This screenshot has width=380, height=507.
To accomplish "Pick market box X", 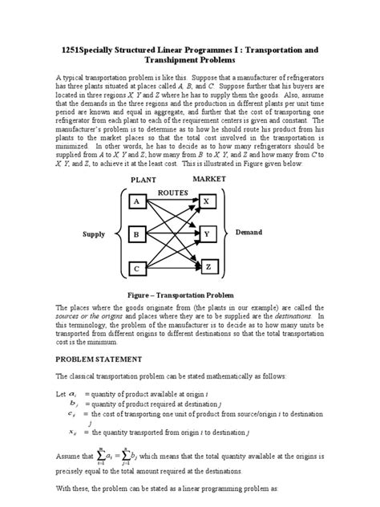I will click(x=207, y=201).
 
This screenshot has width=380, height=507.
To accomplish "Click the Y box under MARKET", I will click(x=207, y=233).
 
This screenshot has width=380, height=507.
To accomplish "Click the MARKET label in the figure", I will click(x=208, y=178).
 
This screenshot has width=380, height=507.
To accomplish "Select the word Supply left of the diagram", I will click(x=94, y=235).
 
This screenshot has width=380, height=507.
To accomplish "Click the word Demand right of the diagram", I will click(x=249, y=232).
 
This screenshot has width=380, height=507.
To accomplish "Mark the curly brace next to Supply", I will click(x=118, y=235).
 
